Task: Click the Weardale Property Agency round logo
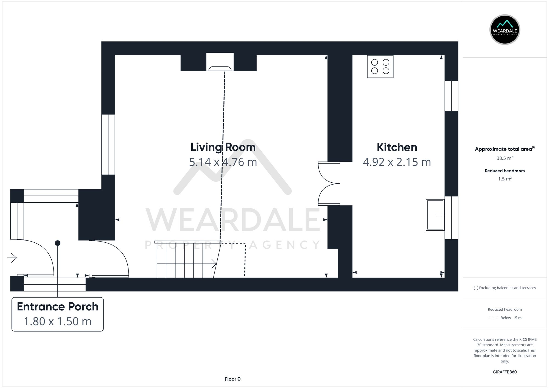[x=505, y=30]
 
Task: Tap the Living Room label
[x=223, y=147]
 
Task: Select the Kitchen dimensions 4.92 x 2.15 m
[x=397, y=162]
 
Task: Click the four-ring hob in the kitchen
[x=380, y=67]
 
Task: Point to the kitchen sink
[x=435, y=215]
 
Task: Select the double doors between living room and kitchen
[x=329, y=183]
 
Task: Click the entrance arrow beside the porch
[x=12, y=258]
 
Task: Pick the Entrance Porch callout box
[x=58, y=314]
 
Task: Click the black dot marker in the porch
[x=58, y=243]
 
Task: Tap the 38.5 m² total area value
[x=505, y=158]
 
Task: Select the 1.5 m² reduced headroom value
[x=505, y=179]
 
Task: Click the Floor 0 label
[x=233, y=379]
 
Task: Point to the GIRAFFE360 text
[x=505, y=372]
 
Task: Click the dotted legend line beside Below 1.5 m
[x=493, y=318]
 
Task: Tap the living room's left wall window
[x=108, y=145]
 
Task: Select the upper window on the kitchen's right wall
[x=451, y=96]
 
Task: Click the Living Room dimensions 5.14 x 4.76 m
[x=223, y=162]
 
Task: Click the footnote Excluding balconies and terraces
[x=505, y=288]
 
